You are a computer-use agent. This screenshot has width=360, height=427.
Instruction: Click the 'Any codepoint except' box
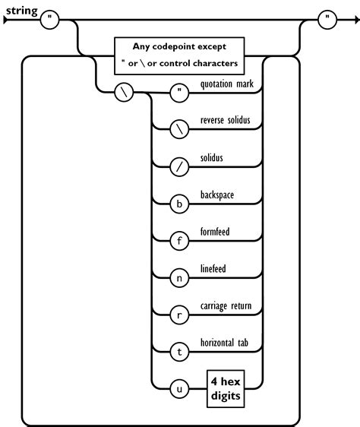(x=179, y=55)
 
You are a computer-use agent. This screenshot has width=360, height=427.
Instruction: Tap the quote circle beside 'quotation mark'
(x=180, y=94)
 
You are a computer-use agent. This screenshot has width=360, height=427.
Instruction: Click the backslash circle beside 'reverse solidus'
(x=180, y=131)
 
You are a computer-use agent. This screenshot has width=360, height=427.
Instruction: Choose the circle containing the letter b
(x=180, y=204)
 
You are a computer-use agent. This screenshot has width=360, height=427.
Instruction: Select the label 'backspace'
(x=217, y=196)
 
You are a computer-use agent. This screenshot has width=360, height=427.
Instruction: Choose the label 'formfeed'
(x=216, y=232)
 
